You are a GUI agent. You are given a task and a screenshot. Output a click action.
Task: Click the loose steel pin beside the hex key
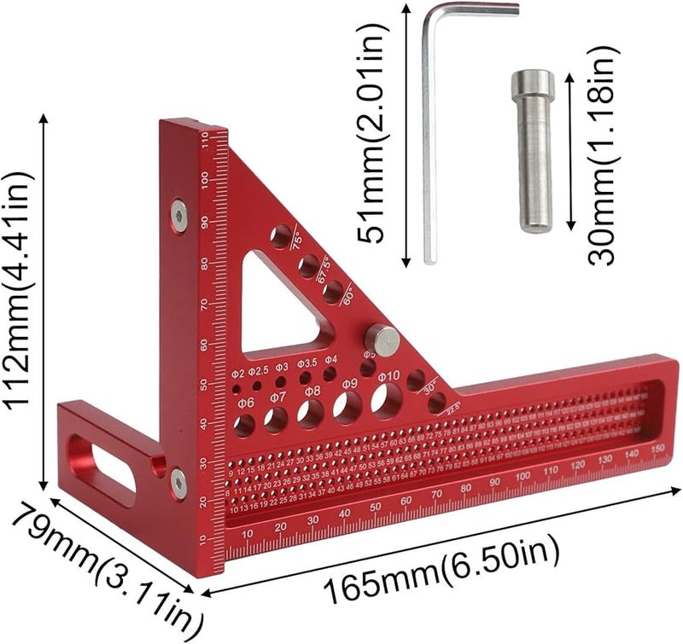[534, 150]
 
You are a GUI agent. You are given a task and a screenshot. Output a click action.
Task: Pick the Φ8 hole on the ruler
[311, 413]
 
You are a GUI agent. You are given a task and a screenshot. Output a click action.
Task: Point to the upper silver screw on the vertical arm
[178, 215]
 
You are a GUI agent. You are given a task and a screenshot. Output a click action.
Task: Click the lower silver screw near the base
[178, 483]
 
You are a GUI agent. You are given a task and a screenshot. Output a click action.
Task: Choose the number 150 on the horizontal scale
[657, 449]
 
